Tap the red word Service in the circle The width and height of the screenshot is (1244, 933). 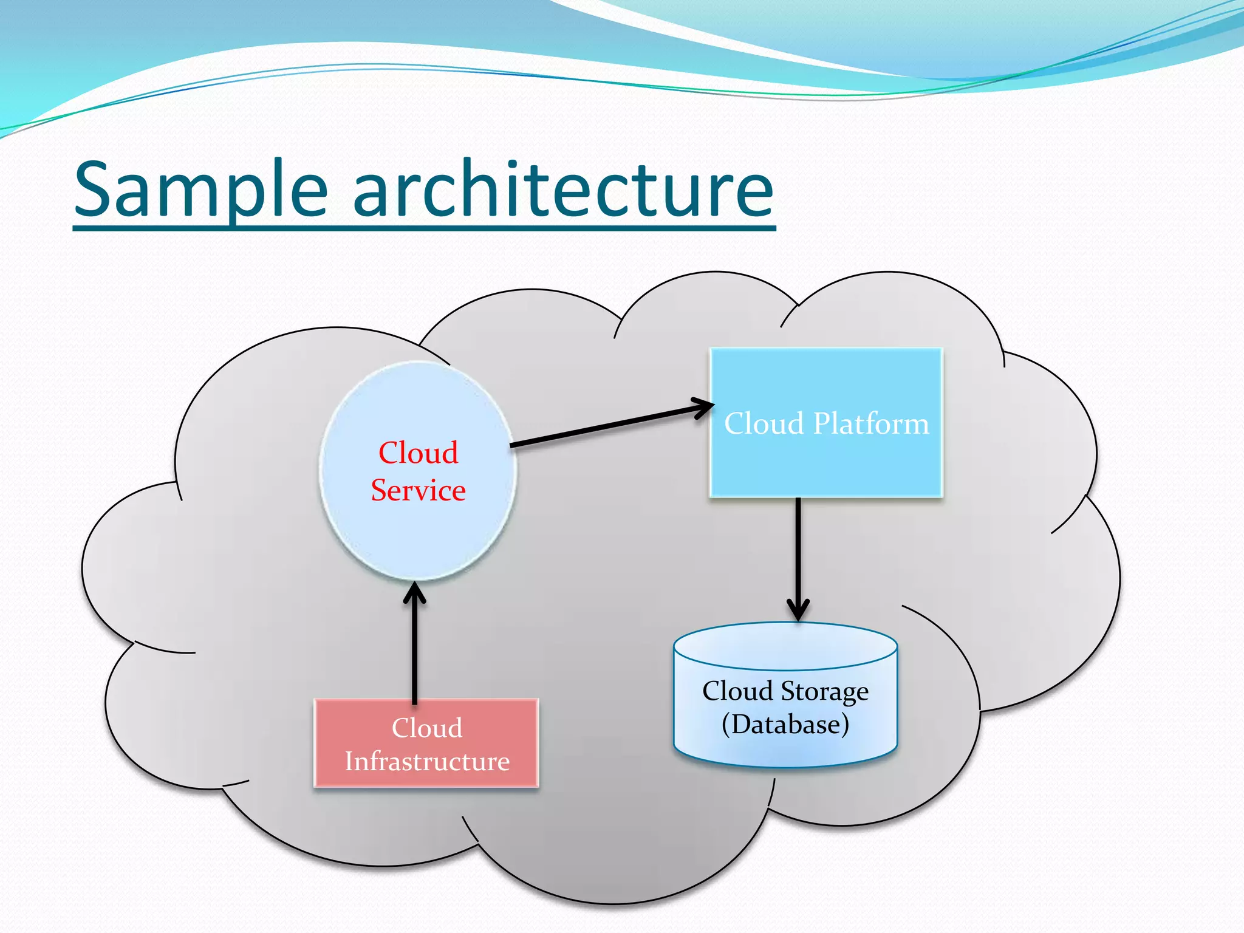[418, 490]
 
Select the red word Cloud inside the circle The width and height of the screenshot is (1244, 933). [418, 453]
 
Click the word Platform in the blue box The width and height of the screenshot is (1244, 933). [870, 423]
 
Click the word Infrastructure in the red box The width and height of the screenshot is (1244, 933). [427, 761]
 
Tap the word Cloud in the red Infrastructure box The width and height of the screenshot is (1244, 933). [427, 728]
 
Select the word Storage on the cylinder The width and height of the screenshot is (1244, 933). [824, 692]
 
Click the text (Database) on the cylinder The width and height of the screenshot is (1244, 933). [785, 724]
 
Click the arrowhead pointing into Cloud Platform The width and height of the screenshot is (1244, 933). [705, 408]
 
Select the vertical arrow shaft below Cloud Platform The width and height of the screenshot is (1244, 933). [798, 547]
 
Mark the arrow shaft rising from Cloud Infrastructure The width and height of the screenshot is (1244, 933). [415, 650]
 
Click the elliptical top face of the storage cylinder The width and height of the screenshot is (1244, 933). [785, 645]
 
